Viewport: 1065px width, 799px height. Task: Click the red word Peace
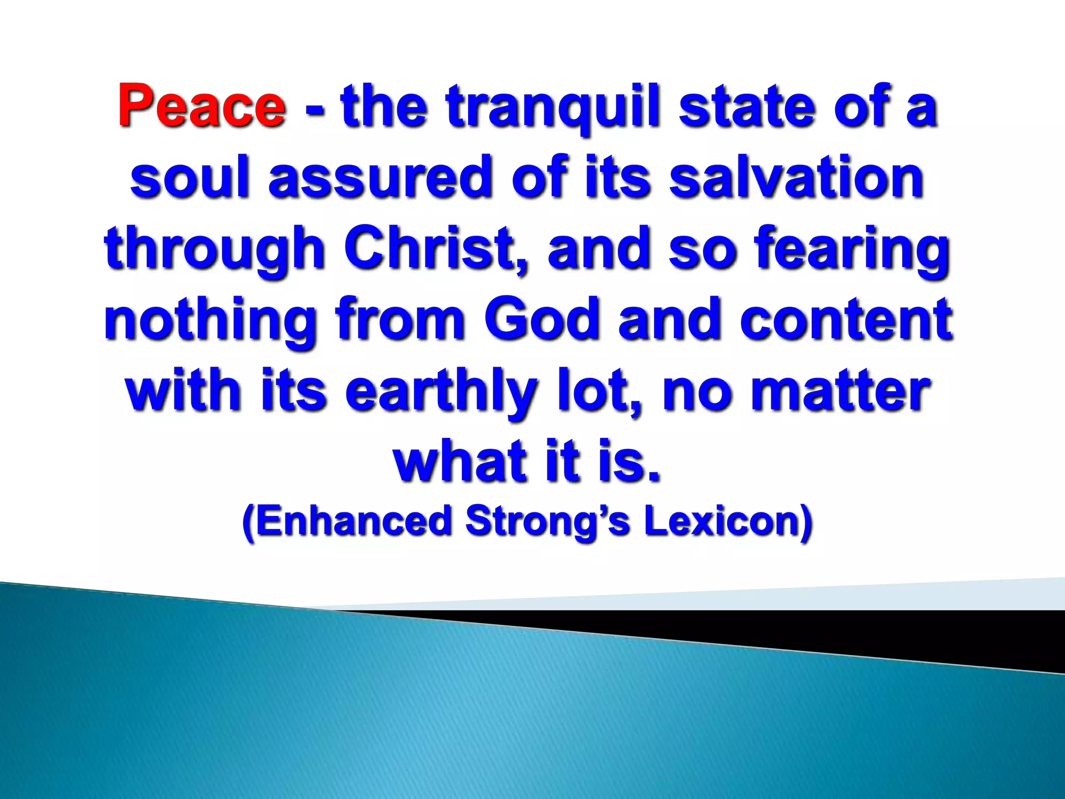pos(202,106)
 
